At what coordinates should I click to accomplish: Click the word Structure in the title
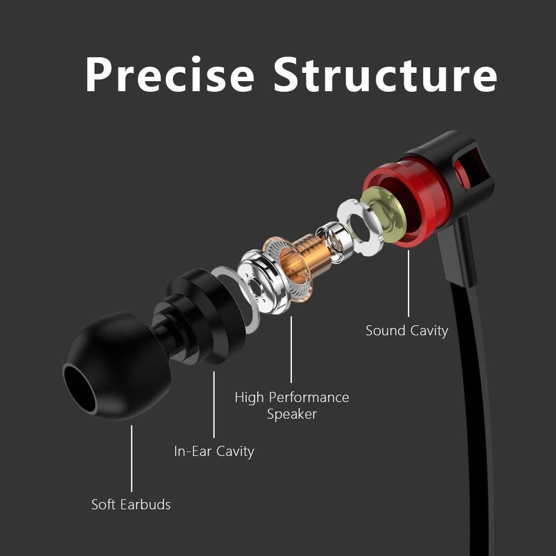pos(385,75)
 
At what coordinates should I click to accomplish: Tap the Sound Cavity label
pos(406,330)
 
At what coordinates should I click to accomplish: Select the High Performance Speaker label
pos(292,405)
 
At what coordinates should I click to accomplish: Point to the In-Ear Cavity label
pos(214,451)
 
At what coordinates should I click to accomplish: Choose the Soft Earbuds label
pos(131,504)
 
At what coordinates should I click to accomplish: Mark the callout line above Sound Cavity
pos(409,284)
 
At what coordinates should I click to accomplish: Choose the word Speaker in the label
pos(292,414)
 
